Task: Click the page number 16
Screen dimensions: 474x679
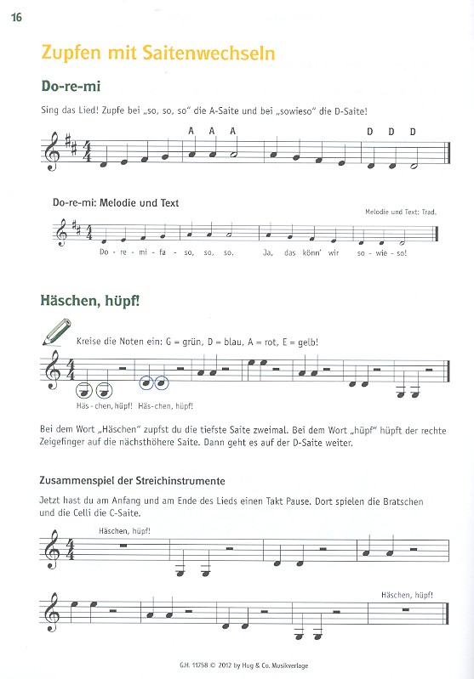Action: click(x=15, y=20)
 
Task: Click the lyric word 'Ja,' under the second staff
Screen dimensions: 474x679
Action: click(x=266, y=252)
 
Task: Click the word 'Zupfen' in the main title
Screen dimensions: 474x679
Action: click(x=68, y=53)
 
